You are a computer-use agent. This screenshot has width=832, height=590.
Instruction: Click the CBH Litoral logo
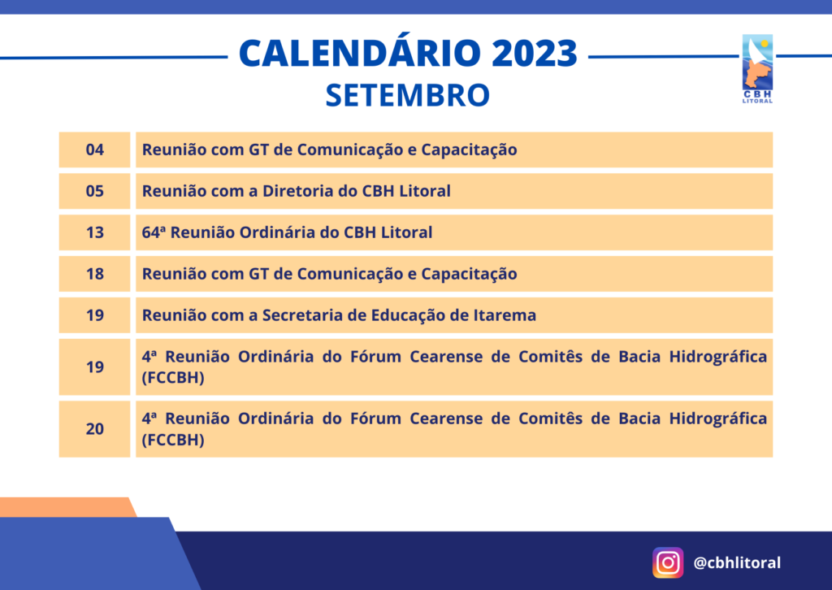point(757,68)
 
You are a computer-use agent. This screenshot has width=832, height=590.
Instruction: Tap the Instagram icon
point(668,562)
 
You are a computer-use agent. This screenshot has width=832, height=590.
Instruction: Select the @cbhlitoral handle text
point(737,562)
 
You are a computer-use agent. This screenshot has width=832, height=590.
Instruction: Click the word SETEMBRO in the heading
point(408,95)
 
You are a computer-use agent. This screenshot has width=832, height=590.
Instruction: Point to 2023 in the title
point(535,53)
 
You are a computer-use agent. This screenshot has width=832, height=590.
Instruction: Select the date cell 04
point(94,150)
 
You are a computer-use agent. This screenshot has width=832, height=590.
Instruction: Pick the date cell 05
point(94,191)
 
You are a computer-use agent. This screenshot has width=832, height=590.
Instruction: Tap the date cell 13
point(94,232)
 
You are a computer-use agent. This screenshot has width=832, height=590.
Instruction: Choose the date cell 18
point(94,274)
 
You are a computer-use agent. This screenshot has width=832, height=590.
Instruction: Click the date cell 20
point(94,429)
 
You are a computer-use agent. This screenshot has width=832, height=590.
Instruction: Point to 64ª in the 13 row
point(154,232)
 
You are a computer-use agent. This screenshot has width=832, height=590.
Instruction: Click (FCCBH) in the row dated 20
point(173,440)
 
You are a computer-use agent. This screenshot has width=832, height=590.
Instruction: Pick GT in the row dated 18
point(259,274)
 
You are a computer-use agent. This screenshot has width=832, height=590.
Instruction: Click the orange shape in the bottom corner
point(67,507)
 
